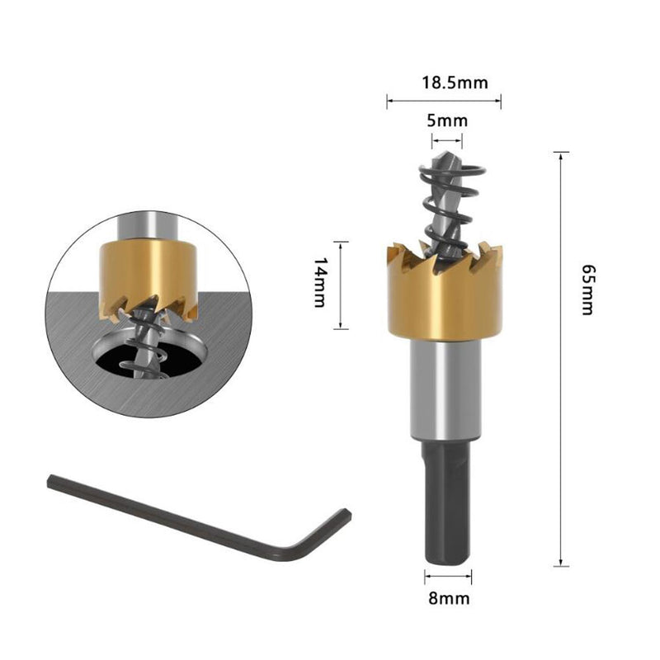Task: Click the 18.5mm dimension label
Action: pyautogui.click(x=455, y=82)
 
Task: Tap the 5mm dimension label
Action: pyautogui.click(x=447, y=120)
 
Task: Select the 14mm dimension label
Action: pyautogui.click(x=320, y=283)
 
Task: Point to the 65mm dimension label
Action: pyautogui.click(x=587, y=290)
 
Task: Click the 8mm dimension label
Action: pyautogui.click(x=449, y=598)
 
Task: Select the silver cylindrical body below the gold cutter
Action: pyautogui.click(x=445, y=389)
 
